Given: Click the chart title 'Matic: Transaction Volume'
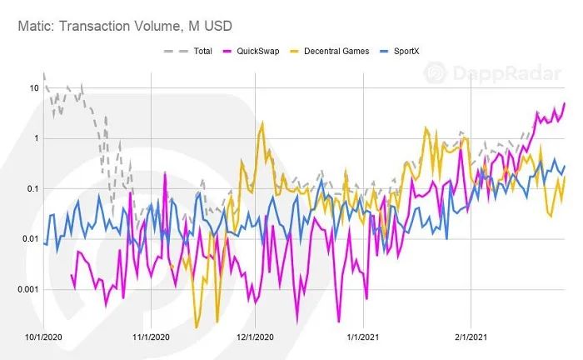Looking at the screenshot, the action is (100, 27).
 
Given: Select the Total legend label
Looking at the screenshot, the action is (202, 51).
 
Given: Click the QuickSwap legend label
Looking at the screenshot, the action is (258, 51).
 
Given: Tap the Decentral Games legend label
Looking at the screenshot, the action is (336, 51).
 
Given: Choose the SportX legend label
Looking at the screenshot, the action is (406, 51).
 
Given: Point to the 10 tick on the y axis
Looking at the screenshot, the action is (34, 88).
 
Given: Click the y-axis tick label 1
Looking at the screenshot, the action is (36, 138).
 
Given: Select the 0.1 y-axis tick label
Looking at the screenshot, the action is (32, 188).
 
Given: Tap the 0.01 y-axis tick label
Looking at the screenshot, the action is (31, 238).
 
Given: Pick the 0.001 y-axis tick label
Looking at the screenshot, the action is (28, 289).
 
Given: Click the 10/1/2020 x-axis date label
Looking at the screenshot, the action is (43, 337).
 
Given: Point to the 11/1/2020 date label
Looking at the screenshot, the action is (151, 337).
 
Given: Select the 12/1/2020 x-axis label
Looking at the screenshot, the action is (255, 337).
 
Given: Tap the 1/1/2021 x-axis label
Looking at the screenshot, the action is (363, 337).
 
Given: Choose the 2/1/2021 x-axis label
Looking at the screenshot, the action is (471, 337).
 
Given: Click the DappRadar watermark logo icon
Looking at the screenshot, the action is (435, 72).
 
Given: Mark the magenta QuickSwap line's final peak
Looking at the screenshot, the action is (565, 103).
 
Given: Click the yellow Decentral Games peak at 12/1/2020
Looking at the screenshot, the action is (262, 122).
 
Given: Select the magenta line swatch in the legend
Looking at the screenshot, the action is (227, 52).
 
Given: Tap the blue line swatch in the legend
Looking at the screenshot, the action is (384, 52).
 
